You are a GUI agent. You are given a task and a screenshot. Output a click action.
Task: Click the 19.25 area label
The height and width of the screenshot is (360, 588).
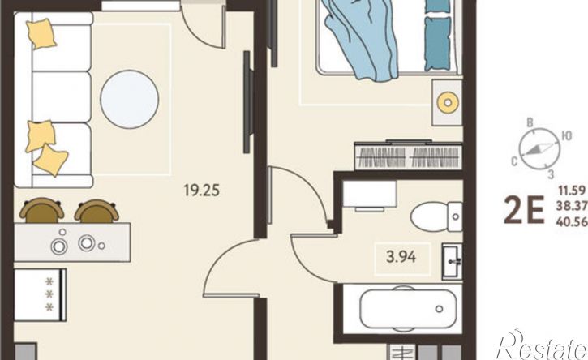[x=202, y=190]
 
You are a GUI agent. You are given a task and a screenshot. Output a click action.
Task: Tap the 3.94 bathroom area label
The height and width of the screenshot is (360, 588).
[x=401, y=257]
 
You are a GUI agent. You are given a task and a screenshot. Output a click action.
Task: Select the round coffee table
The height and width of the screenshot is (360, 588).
[x=130, y=100]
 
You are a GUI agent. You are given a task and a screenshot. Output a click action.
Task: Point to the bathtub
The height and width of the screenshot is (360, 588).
[x=408, y=309]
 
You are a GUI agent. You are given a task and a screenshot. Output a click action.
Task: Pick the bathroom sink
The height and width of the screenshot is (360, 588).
[x=453, y=261]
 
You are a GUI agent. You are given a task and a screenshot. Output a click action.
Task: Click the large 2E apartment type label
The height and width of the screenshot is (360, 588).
[x=523, y=210]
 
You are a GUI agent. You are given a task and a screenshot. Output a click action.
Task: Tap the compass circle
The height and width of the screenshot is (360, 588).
[x=539, y=148]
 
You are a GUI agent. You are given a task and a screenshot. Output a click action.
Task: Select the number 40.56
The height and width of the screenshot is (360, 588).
[x=572, y=222]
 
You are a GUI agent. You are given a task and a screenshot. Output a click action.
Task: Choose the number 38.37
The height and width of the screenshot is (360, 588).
[x=572, y=207]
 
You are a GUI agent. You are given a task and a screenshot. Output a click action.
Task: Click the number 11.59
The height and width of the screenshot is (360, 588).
[x=573, y=191]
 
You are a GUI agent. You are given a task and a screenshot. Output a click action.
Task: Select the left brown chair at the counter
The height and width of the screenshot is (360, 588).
[x=42, y=210]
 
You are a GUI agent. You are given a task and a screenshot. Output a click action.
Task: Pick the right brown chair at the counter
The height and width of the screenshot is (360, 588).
[x=97, y=211]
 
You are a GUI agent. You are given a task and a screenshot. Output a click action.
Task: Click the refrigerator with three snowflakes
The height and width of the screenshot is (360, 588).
[x=40, y=295]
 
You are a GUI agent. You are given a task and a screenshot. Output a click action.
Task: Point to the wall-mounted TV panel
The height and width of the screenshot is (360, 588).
[x=247, y=102]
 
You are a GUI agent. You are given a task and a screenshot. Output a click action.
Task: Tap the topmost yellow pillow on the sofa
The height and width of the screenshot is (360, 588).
[x=41, y=34]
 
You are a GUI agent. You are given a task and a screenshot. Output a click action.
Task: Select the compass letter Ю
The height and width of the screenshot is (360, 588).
[x=567, y=135]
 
